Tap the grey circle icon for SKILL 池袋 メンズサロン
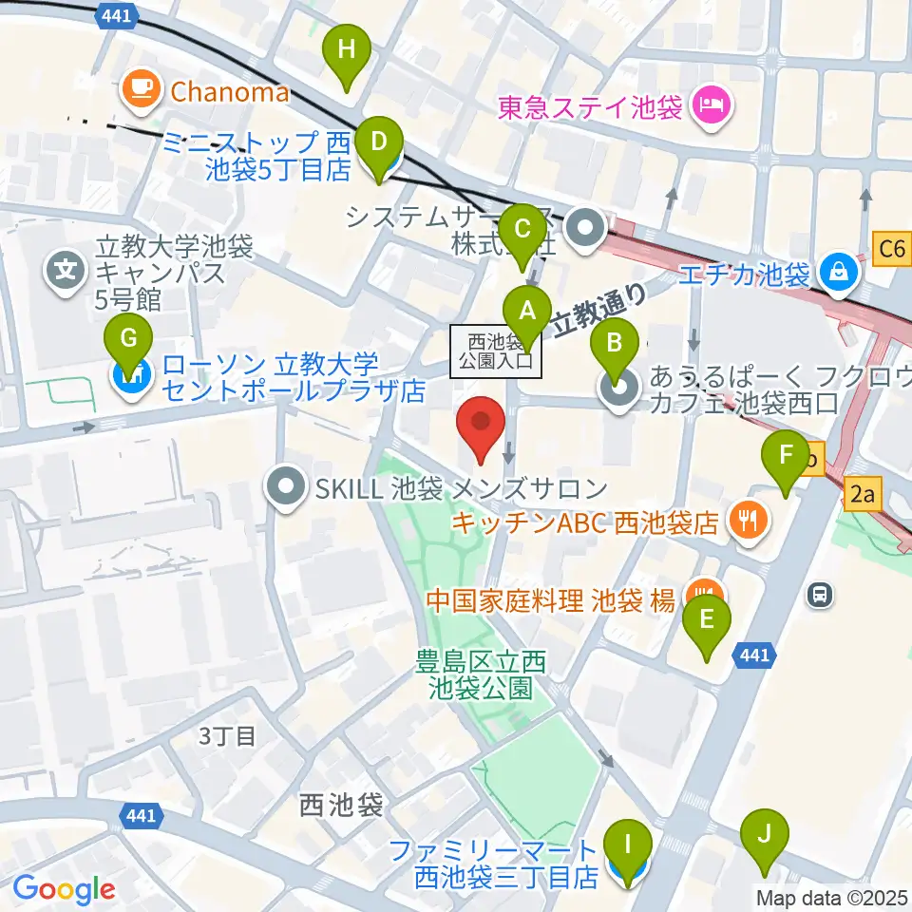[x=285, y=488]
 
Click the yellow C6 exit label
[x=892, y=249]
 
